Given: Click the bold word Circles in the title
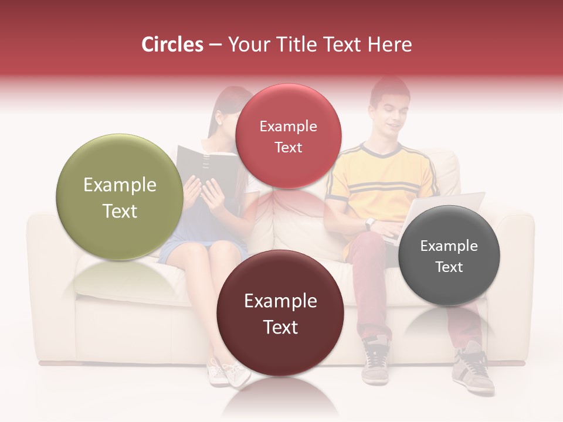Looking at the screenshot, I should click(x=172, y=45).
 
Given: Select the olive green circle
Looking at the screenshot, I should click(x=120, y=197).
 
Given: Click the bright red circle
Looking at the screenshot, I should click(x=288, y=136).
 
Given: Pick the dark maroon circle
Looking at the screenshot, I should click(x=280, y=313).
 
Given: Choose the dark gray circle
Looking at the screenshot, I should click(x=449, y=256).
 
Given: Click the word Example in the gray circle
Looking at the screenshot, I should click(x=449, y=246).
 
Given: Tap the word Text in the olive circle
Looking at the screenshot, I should click(x=120, y=211).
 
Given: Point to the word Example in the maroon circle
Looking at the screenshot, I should click(x=280, y=301).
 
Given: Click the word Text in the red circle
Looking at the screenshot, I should click(x=288, y=147).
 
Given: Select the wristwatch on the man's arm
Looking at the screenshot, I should click(x=369, y=223).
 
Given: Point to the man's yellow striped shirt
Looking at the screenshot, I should click(x=381, y=182).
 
